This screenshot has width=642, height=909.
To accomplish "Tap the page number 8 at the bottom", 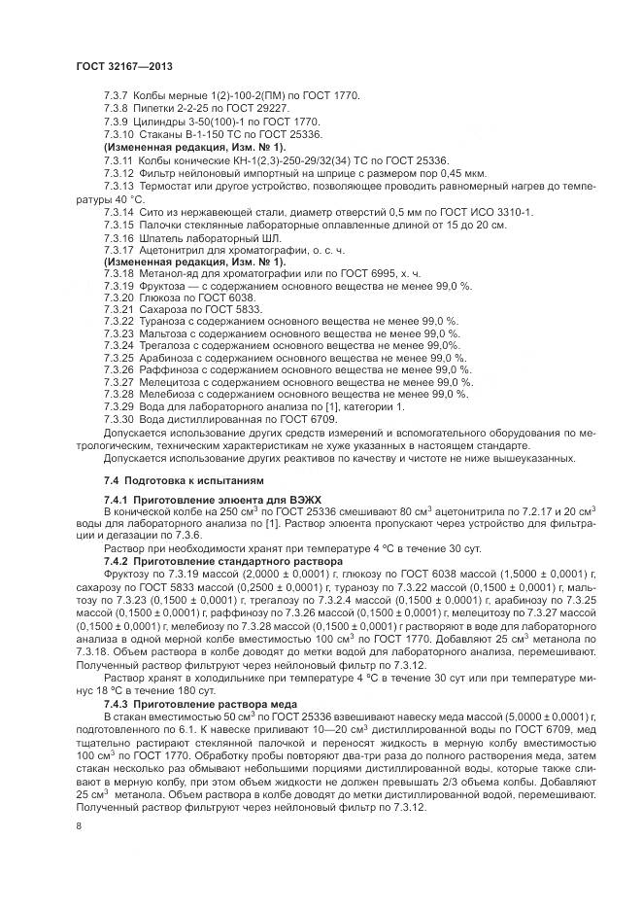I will [78, 825].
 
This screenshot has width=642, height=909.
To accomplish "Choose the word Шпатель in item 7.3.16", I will [162, 237].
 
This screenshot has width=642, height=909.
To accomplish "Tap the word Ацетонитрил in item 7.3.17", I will [175, 250].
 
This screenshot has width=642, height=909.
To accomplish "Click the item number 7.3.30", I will [119, 420].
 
